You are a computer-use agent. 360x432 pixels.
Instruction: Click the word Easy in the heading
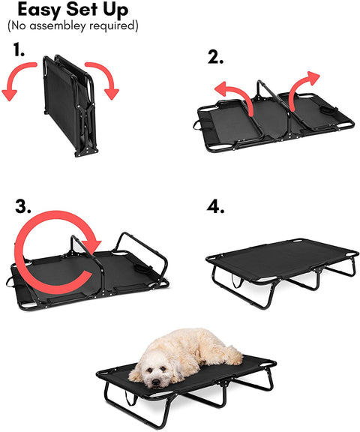coord(39,10)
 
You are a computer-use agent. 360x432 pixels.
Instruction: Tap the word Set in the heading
coord(82,9)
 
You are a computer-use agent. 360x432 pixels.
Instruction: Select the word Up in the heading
coord(115,10)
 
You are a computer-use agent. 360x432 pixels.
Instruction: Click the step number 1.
coord(19,49)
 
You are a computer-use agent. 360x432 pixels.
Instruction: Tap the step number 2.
coord(215,57)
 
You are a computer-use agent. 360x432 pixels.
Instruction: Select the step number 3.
coord(22,206)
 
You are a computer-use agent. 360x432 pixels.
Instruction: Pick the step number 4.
coord(215,207)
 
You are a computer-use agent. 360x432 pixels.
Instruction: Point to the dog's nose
coord(156,382)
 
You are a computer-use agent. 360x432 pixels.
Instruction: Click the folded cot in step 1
coord(70,105)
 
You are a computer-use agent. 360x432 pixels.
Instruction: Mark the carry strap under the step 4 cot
coord(237,280)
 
